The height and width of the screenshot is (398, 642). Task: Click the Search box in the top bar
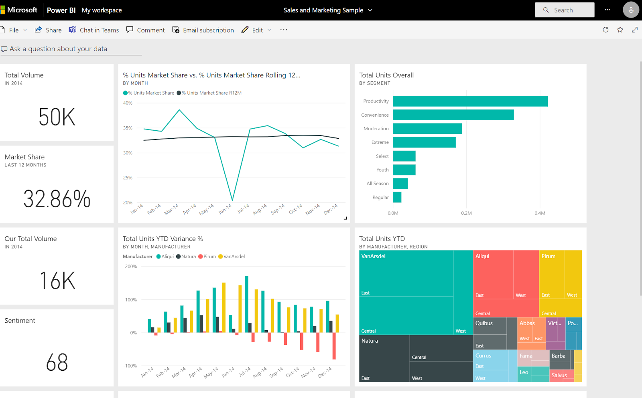coord(564,10)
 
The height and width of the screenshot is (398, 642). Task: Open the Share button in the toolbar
coord(48,30)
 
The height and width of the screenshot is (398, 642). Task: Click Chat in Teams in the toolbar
coord(94,30)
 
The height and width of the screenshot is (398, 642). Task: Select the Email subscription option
coord(203,30)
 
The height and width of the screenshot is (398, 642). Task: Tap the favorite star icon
coord(620,30)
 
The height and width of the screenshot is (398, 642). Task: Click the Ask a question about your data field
coord(59,49)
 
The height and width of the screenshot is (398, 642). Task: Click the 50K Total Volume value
coord(57,117)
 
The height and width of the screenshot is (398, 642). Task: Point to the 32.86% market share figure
coord(57,199)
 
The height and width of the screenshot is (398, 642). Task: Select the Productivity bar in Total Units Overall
coord(470,101)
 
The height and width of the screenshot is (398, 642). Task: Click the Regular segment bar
coord(397,197)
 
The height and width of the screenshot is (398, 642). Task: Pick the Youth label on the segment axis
coord(382,170)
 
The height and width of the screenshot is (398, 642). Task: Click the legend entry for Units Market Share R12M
coord(211,93)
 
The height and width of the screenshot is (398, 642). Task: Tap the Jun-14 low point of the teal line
coord(232,200)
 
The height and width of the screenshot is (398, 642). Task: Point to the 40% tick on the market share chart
coord(128,103)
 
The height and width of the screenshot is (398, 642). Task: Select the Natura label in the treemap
coord(370,341)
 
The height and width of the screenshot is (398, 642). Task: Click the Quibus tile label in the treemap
coord(484,323)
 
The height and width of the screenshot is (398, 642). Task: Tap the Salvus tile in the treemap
coord(559,376)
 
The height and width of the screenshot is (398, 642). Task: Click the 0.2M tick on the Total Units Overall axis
coord(466,213)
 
